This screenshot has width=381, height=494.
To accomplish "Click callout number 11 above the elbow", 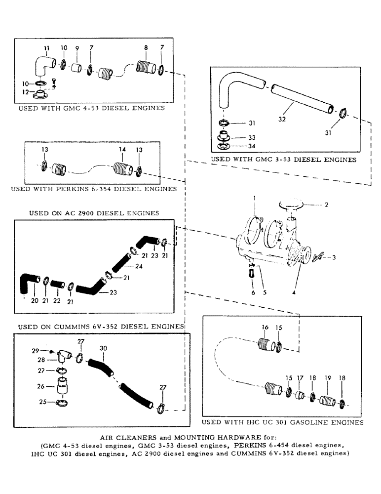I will pyautogui.click(x=47, y=48).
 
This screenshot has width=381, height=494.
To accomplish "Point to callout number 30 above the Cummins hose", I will pyautogui.click(x=103, y=349).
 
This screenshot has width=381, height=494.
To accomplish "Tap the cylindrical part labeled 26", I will pyautogui.click(x=62, y=384).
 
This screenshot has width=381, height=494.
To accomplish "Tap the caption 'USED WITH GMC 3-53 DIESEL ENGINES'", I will pyautogui.click(x=283, y=160).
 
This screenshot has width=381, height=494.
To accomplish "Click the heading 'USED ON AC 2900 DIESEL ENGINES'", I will pyautogui.click(x=94, y=213).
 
